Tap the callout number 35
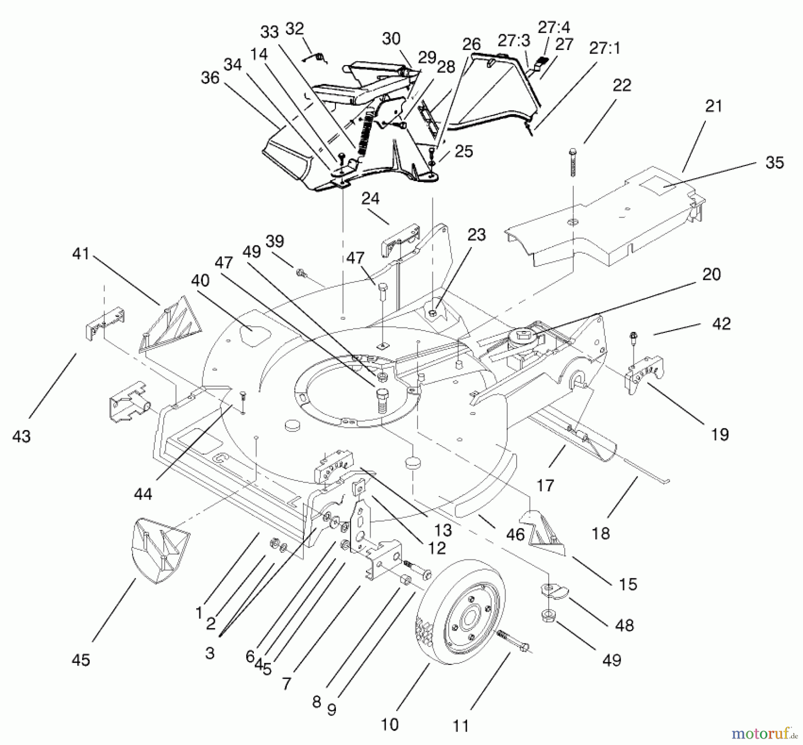(x=774, y=162)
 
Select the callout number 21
(x=713, y=106)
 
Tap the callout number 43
(x=21, y=436)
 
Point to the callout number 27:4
(x=554, y=27)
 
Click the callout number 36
(x=210, y=78)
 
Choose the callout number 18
(x=600, y=533)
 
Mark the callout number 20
(x=711, y=274)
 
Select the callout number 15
(x=628, y=584)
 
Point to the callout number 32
(x=294, y=29)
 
